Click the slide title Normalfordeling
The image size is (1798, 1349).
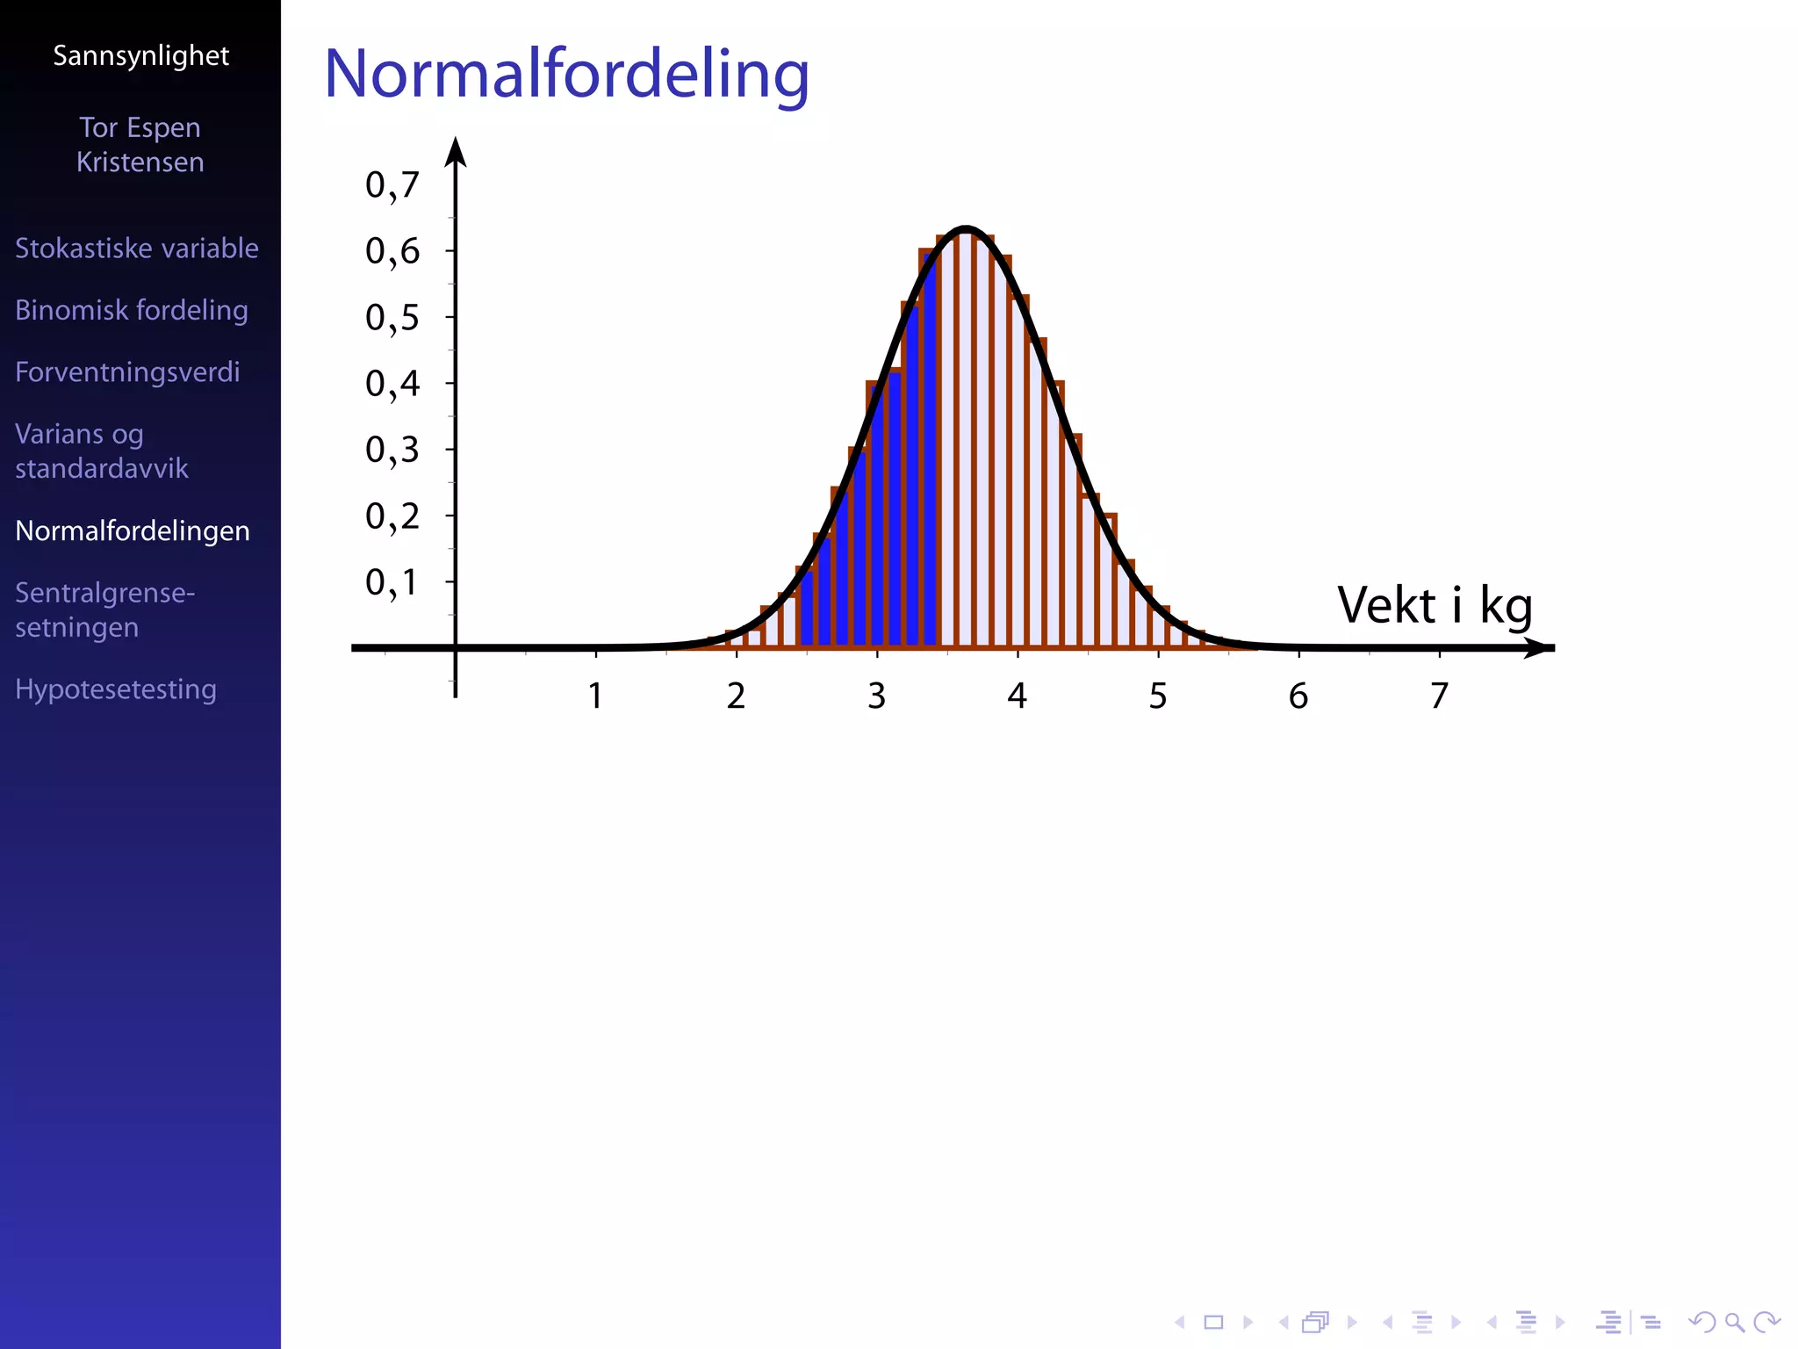tap(566, 74)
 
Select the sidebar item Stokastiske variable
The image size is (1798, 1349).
tap(136, 249)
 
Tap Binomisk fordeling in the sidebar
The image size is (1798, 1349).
tap(131, 310)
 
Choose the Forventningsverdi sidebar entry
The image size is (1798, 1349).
tap(127, 372)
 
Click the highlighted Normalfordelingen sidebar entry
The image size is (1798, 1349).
tap(132, 531)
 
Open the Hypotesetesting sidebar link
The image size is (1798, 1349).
tap(115, 689)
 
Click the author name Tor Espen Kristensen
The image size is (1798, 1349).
tap(140, 145)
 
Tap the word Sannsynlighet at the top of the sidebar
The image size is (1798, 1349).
tap(140, 55)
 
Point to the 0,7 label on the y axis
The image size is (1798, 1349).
tap(392, 185)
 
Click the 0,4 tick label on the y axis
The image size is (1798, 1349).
tap(392, 384)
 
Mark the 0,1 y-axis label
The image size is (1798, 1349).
tap(392, 582)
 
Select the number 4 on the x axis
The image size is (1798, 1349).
tap(1017, 696)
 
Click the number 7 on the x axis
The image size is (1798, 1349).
tap(1439, 696)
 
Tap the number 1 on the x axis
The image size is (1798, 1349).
tap(595, 696)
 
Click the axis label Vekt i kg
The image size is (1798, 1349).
tap(1434, 606)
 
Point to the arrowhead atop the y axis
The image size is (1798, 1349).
tap(455, 151)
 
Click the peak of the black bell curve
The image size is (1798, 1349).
tap(966, 230)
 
